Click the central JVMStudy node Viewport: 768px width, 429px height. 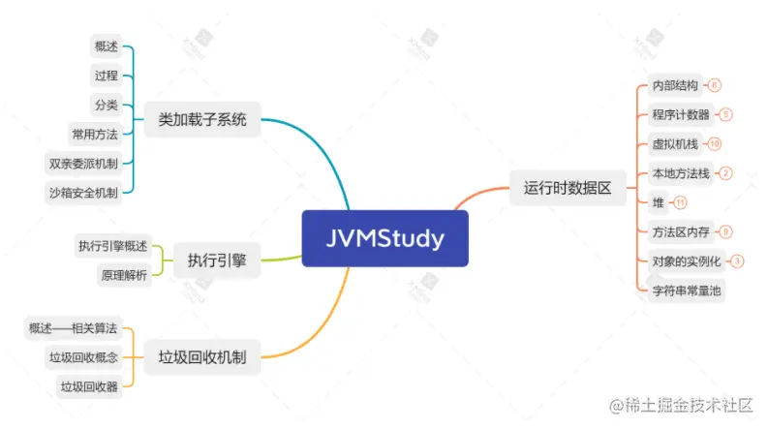pyautogui.click(x=384, y=237)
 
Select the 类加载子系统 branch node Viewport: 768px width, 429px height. pyautogui.click(x=202, y=121)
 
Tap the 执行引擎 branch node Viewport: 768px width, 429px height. pyautogui.click(x=216, y=260)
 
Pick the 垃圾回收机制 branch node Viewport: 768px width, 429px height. pyautogui.click(x=202, y=357)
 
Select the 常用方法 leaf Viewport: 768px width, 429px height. pyautogui.click(x=94, y=134)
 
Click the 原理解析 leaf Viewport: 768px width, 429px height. pyautogui.click(x=123, y=275)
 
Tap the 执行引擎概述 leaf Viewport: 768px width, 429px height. pyautogui.click(x=111, y=245)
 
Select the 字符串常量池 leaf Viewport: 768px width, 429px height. pyautogui.click(x=688, y=290)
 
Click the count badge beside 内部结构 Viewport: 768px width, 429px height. pyautogui.click(x=715, y=85)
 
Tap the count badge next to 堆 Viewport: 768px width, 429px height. pyautogui.click(x=680, y=202)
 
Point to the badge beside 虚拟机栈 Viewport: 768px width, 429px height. pyautogui.click(x=715, y=144)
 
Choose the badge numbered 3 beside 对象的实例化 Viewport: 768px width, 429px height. pyautogui.click(x=737, y=260)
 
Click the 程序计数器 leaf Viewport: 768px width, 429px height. pyautogui.click(x=681, y=114)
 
